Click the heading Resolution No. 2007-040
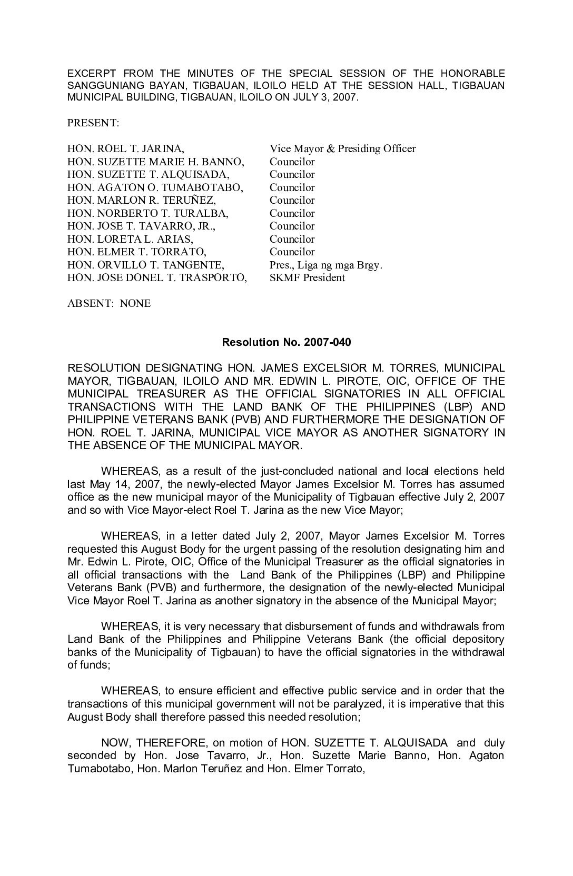[286, 342]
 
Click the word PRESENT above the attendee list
[93, 123]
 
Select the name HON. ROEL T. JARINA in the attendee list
[125, 149]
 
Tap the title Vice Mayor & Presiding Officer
[342, 149]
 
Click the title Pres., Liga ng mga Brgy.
[325, 265]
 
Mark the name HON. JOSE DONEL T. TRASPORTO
[157, 278]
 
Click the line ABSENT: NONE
[109, 304]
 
